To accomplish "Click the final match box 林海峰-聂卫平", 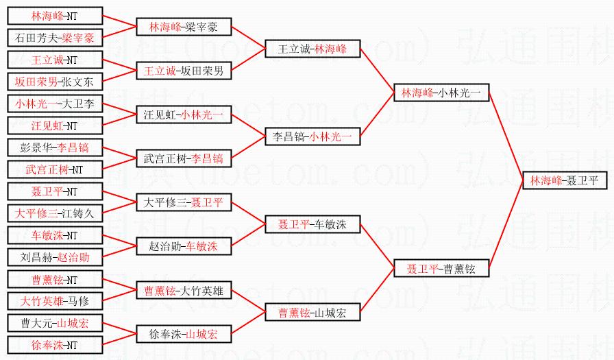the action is [565, 180].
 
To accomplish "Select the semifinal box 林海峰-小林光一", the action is [441, 92].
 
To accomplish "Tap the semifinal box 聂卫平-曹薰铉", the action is [441, 268].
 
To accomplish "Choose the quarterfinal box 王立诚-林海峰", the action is [312, 49].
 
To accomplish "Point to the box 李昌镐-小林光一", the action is [312, 136].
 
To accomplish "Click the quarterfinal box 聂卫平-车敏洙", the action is [312, 224].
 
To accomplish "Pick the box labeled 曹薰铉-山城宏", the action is [312, 313].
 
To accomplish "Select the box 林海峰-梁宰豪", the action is [184, 27].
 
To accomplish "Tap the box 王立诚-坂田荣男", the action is [184, 70].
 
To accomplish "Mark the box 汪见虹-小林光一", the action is [184, 115].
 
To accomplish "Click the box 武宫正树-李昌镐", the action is [184, 158].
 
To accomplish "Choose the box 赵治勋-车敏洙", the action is [184, 246].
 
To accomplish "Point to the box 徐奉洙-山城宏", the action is [184, 334].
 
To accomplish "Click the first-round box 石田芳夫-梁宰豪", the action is [55, 38].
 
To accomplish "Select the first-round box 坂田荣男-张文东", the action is [55, 82].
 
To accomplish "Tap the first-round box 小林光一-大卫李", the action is [55, 104].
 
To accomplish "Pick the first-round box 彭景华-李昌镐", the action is [55, 147].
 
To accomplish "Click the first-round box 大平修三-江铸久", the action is [55, 213].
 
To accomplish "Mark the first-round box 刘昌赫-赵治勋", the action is [55, 257].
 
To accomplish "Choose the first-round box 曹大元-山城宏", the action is [55, 322].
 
